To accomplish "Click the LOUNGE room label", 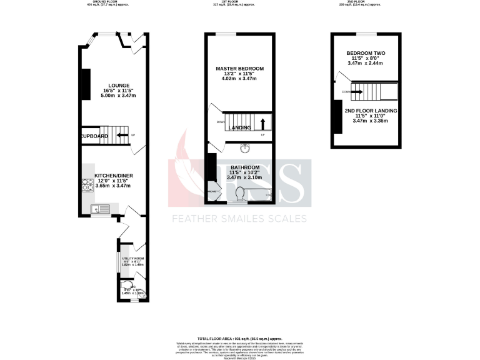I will (119, 86).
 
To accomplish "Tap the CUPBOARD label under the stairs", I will (94, 136).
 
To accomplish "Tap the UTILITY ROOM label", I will (132, 258).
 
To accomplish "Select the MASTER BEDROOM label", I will (240, 68).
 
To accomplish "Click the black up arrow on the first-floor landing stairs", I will (262, 122).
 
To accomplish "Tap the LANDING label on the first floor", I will (240, 128).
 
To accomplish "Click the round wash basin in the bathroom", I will (244, 148).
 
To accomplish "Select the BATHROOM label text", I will (240, 167).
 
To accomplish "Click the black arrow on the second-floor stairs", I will (357, 92).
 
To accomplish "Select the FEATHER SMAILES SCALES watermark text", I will (240, 219).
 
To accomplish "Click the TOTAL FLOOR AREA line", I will (240, 337).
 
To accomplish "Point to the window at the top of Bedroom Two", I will (366, 32).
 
